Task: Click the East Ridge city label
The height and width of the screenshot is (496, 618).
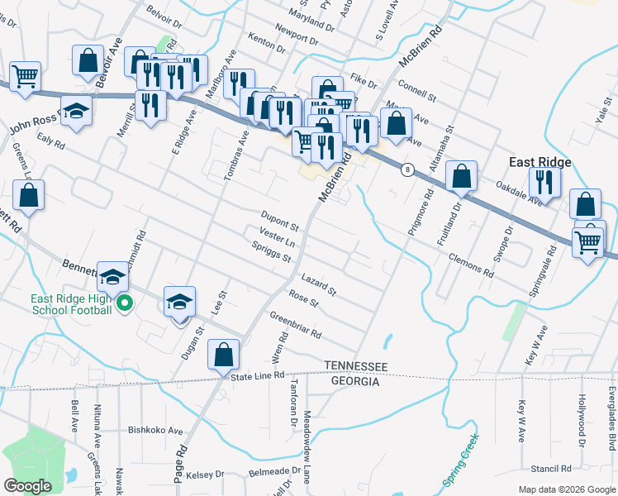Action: point(541,162)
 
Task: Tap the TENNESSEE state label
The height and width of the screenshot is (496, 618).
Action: point(355,366)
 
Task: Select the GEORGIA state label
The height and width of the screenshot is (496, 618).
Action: point(355,381)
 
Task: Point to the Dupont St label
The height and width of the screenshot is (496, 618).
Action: point(280,219)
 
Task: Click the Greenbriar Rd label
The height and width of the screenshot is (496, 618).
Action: point(295,327)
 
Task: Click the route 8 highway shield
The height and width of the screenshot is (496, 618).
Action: point(407,169)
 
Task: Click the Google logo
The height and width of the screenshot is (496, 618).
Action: point(29,486)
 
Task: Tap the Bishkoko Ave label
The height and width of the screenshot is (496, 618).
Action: point(155,430)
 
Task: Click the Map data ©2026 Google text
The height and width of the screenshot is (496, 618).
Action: point(567,489)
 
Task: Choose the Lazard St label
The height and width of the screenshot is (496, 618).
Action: point(318,284)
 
